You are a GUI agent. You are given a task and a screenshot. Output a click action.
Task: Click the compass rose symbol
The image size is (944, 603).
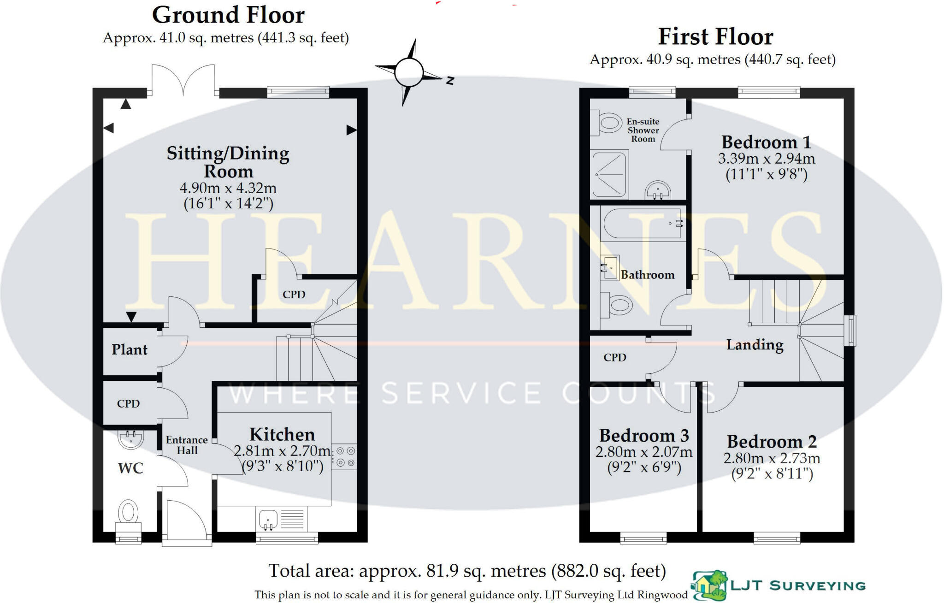click(409, 72)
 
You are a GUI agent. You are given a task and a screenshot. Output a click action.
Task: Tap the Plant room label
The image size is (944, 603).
click(130, 350)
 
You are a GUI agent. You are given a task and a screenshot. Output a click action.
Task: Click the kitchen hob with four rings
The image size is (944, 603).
click(344, 456)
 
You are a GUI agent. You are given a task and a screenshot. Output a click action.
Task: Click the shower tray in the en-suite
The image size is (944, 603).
click(609, 174)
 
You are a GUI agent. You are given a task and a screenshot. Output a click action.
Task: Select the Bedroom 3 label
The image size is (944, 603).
click(644, 436)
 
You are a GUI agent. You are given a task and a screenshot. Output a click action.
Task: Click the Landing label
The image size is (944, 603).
click(755, 345)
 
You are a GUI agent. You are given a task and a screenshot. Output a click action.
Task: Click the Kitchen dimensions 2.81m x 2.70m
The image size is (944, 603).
click(282, 451)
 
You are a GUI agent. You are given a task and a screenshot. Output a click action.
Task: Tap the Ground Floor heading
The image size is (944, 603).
click(228, 15)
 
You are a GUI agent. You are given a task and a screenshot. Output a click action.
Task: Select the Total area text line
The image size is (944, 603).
click(467, 571)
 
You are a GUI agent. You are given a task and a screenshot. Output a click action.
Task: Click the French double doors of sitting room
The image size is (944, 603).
click(183, 81)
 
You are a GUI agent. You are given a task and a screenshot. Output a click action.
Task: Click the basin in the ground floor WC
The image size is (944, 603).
click(131, 438)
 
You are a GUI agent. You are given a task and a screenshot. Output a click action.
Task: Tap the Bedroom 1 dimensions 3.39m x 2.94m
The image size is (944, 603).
click(766, 159)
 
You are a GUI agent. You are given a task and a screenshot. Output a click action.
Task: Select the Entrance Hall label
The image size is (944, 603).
click(187, 445)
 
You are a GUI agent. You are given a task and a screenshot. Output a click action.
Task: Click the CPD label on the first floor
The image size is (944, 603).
click(615, 358)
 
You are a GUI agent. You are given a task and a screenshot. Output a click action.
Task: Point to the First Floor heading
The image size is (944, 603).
click(715, 37)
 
